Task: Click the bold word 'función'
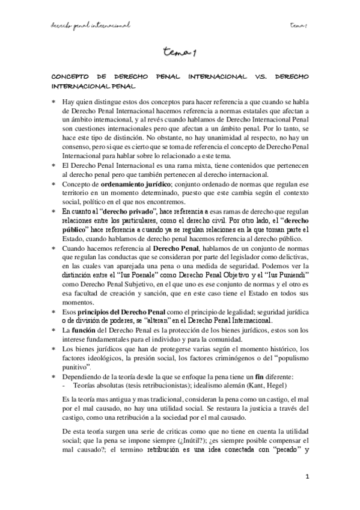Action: [x=84, y=331]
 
